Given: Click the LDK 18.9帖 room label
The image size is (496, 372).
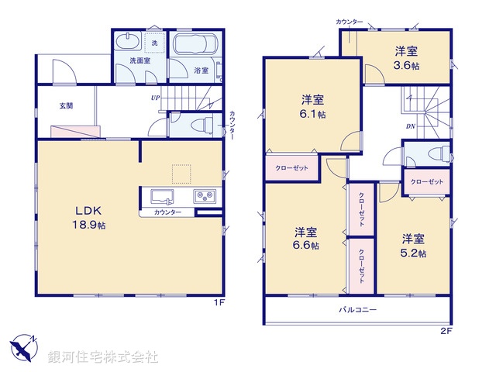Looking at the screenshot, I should tap(89, 217).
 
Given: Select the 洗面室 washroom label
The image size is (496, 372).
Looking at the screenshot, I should tap(139, 60).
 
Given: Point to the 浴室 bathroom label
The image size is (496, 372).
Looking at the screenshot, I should tap(201, 70).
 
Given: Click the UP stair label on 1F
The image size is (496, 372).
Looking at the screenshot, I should tap(156, 98).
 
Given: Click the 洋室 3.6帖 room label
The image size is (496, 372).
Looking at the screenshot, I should tap(406, 58).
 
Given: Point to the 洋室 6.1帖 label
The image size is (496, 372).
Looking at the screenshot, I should tap(313, 107).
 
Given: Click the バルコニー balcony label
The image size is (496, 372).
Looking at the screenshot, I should tap(357, 310).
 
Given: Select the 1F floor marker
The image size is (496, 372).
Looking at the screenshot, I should tap(219, 302).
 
